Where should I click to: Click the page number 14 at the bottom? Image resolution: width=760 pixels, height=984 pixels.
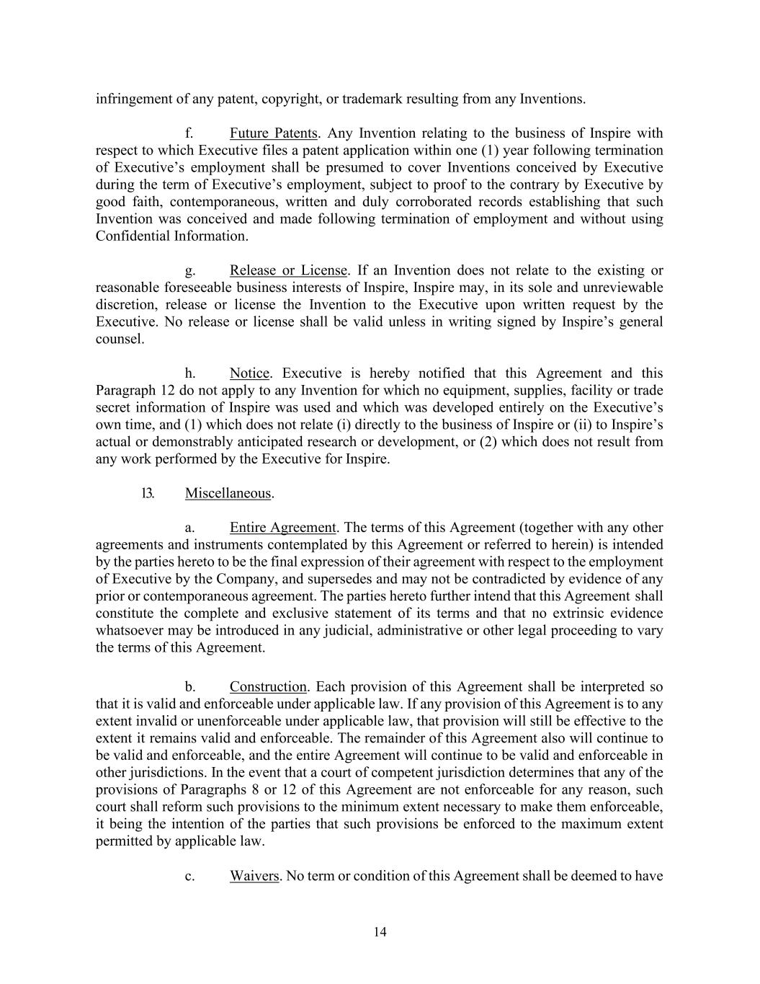(380, 932)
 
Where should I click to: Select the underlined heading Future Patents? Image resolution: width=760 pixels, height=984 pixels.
(274, 133)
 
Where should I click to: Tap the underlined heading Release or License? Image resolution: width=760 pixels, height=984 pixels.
(288, 270)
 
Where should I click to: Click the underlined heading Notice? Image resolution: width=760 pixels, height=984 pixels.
(249, 373)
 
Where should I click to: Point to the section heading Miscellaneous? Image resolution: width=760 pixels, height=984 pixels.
(228, 494)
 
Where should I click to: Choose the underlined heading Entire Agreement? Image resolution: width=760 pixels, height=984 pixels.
(282, 528)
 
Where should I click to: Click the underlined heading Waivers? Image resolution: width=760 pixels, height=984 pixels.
(254, 876)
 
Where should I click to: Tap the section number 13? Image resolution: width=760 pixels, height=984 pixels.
(148, 494)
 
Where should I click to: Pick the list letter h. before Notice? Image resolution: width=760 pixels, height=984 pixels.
(190, 373)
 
